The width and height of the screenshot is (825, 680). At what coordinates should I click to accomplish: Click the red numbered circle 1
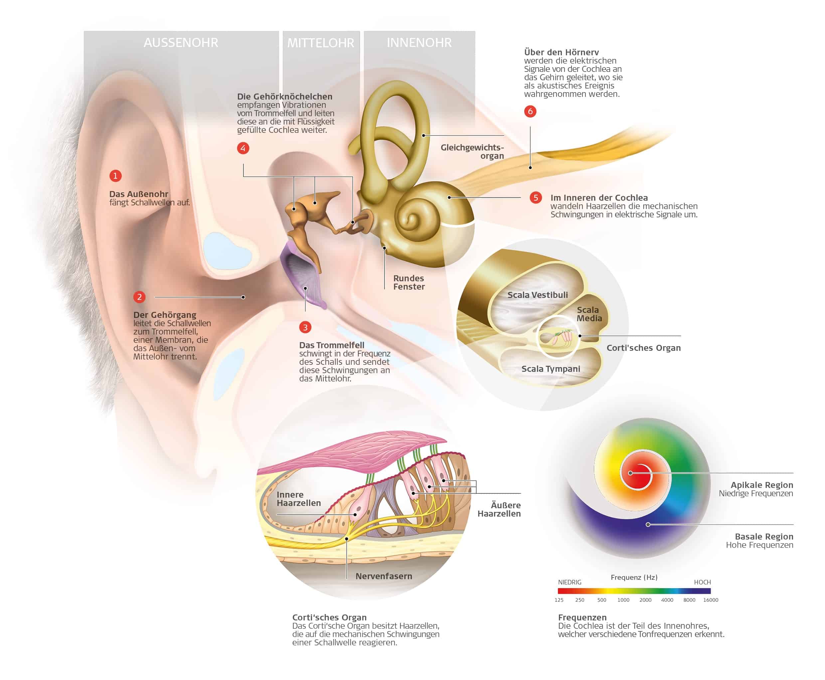point(115,176)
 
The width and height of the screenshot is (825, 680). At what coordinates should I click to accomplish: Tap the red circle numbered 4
point(243,148)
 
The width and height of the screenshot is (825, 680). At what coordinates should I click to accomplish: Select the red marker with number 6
point(530,111)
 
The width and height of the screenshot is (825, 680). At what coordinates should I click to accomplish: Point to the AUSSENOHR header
point(181,43)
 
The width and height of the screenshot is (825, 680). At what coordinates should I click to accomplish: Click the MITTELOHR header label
point(321,43)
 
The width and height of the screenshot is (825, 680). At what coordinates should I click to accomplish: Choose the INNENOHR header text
point(419,43)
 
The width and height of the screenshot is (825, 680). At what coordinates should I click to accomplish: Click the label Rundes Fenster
point(409,283)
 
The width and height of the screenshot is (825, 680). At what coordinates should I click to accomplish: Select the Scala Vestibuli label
point(537,295)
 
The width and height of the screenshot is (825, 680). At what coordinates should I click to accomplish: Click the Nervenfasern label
point(384,576)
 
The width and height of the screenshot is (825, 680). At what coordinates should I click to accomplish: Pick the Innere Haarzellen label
point(298,499)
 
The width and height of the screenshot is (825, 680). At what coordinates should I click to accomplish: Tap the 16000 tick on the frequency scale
point(710,600)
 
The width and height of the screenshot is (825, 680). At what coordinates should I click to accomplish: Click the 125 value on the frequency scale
point(559,600)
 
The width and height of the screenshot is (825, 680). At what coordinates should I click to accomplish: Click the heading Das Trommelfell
point(332,345)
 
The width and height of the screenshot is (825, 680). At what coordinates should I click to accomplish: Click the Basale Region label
point(764,537)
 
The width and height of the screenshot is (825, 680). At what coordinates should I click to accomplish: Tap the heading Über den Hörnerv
point(561,52)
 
